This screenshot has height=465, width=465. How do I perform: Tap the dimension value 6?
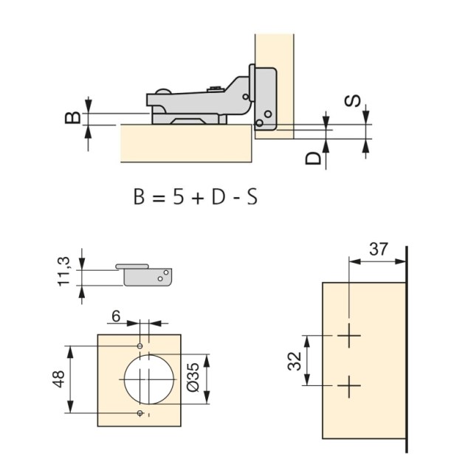pyautogui.click(x=115, y=315)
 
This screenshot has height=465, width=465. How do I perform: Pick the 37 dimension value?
pyautogui.click(x=378, y=249)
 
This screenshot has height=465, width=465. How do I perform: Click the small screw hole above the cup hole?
pyautogui.click(x=140, y=345)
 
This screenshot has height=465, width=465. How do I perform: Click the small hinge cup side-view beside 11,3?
pyautogui.click(x=148, y=274)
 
